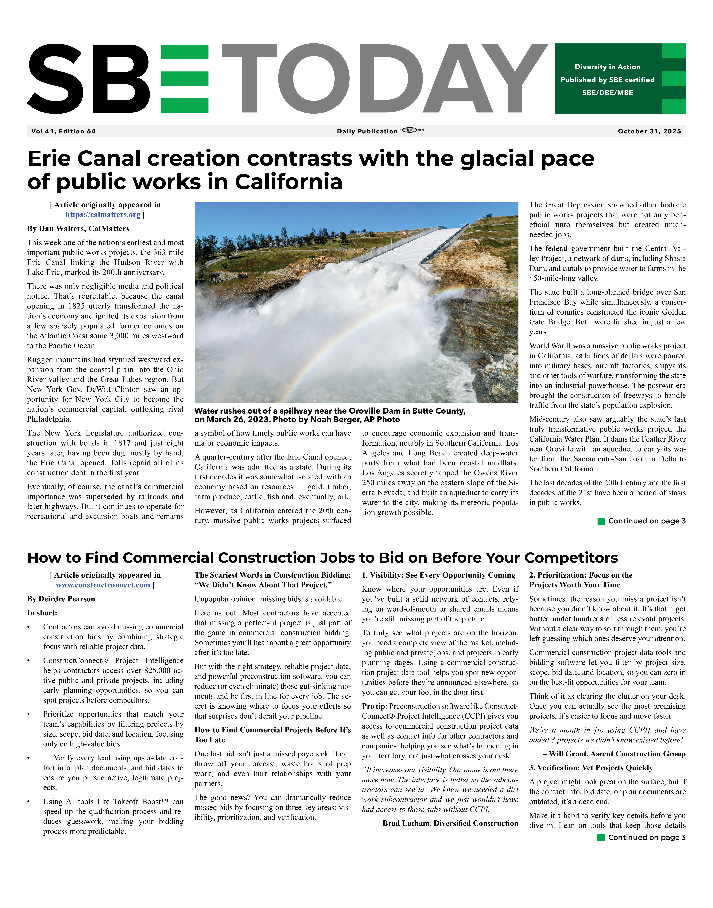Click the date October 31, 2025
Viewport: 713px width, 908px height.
tap(649, 131)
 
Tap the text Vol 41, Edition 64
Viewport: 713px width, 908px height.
tap(63, 131)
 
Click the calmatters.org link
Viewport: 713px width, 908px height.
tap(103, 215)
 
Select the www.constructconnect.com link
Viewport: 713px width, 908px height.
tap(103, 585)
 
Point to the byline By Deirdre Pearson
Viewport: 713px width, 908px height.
tap(61, 599)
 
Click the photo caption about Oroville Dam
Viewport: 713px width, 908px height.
tap(330, 415)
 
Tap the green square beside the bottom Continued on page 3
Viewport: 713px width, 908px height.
tap(601, 837)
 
